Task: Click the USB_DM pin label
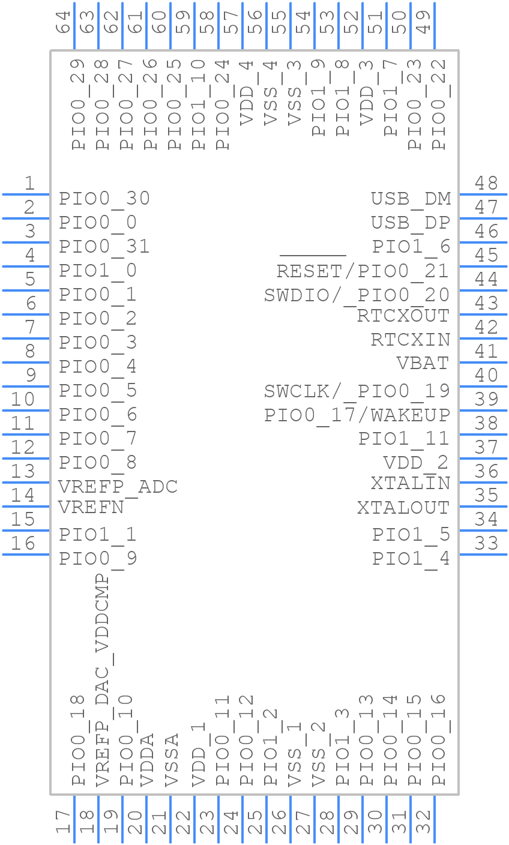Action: [x=411, y=199]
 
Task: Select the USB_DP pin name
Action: [x=411, y=223]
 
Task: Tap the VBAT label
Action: [x=423, y=363]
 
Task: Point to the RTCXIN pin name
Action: [x=411, y=339]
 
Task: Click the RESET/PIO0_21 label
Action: [x=363, y=271]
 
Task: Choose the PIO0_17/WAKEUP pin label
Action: [x=357, y=415]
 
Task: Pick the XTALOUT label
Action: [x=403, y=508]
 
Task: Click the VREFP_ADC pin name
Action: [x=118, y=486]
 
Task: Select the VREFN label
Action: [x=91, y=508]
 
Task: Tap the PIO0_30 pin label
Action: [x=104, y=199]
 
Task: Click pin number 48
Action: [x=486, y=183]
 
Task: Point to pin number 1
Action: [x=29, y=183]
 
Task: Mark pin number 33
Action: [x=486, y=543]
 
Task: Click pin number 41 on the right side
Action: [x=486, y=351]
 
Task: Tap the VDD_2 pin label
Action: [x=416, y=463]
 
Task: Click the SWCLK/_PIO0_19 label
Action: [x=357, y=391]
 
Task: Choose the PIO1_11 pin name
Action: [x=404, y=439]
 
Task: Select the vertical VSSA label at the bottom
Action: [x=171, y=759]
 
